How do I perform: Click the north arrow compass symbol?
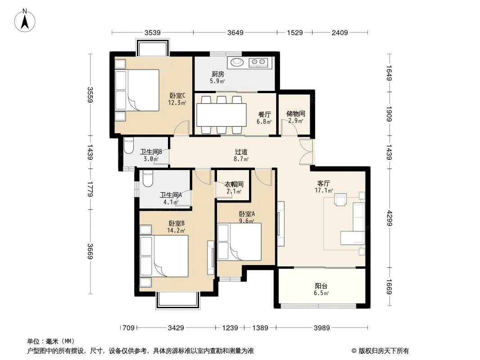(25, 21)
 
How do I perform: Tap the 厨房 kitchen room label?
(217, 74)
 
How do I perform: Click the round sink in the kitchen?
(236, 62)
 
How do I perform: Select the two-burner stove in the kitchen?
(258, 63)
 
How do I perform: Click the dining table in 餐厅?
(222, 115)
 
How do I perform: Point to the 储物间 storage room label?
(295, 114)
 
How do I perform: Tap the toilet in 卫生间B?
(129, 146)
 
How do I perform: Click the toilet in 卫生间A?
(148, 180)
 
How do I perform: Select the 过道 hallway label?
(241, 152)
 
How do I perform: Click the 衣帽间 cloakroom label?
(234, 184)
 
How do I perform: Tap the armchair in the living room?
(340, 200)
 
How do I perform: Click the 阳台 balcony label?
(321, 286)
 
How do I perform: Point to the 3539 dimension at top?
(153, 32)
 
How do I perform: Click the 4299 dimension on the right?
(389, 218)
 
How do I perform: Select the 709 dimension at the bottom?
(128, 328)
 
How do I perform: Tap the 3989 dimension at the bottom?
(322, 328)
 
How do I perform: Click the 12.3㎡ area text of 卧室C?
(177, 103)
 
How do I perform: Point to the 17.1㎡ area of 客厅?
(324, 190)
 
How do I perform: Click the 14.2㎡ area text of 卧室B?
(176, 230)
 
